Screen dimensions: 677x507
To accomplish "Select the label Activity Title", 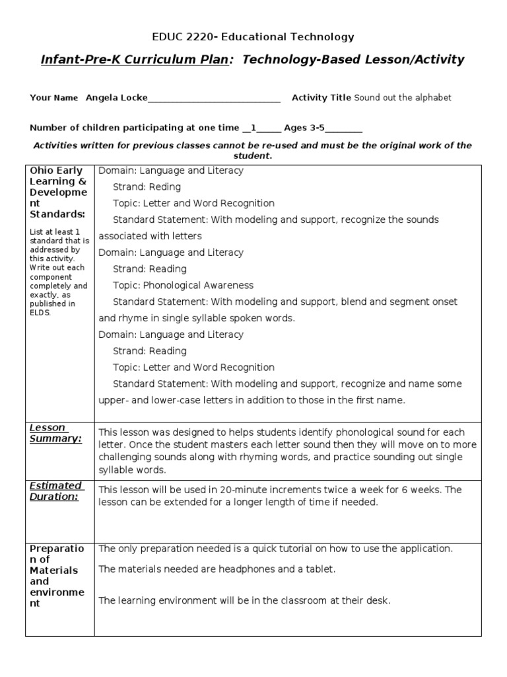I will click(321, 98).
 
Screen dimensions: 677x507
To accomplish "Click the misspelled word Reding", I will click(165, 187).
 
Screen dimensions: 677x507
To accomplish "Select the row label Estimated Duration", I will click(55, 491).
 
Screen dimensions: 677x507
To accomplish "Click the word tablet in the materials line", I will click(320, 569).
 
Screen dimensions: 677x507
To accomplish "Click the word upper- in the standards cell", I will click(113, 400).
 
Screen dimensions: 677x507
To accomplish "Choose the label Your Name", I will click(54, 98).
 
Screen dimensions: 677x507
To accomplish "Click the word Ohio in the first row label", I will click(41, 171).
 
